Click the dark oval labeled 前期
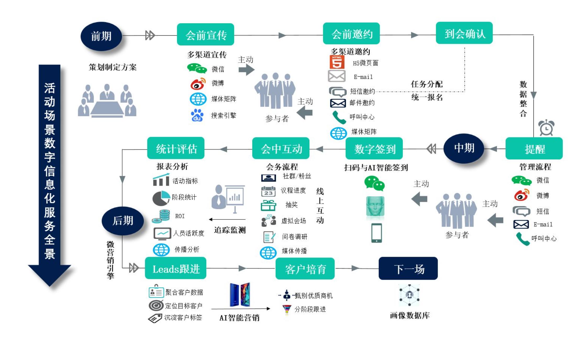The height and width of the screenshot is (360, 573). [101, 36]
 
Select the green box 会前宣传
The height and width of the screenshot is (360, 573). [205, 35]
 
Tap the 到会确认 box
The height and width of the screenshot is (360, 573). [464, 33]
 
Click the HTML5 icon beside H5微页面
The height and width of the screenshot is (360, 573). [337, 62]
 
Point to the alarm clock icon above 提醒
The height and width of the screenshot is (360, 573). [546, 128]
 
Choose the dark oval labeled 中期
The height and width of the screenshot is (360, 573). [464, 148]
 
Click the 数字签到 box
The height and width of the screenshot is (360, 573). [374, 149]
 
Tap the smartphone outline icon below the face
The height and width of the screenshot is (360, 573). [376, 233]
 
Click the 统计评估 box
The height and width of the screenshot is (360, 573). [176, 148]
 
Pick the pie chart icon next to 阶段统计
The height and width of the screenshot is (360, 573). [161, 198]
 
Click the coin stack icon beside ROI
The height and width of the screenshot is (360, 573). [162, 216]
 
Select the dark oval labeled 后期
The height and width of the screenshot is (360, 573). [123, 221]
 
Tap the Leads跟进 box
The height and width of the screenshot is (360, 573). [176, 268]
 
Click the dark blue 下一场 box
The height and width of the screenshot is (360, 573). [408, 268]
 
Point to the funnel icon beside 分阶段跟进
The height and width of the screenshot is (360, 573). [287, 309]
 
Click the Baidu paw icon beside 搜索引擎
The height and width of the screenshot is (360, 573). [197, 115]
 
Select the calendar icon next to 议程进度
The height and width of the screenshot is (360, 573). [268, 191]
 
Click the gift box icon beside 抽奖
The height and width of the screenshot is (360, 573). [268, 205]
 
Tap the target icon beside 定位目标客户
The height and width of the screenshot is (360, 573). [156, 305]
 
